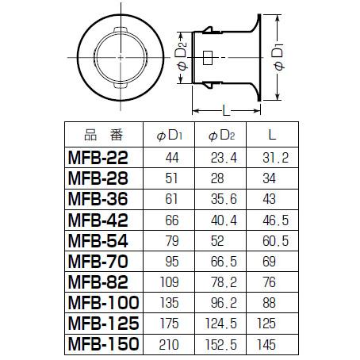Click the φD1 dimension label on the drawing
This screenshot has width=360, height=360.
click(x=279, y=59)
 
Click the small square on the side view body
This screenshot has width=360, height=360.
click(x=207, y=58)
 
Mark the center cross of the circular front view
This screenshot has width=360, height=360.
click(x=118, y=58)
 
